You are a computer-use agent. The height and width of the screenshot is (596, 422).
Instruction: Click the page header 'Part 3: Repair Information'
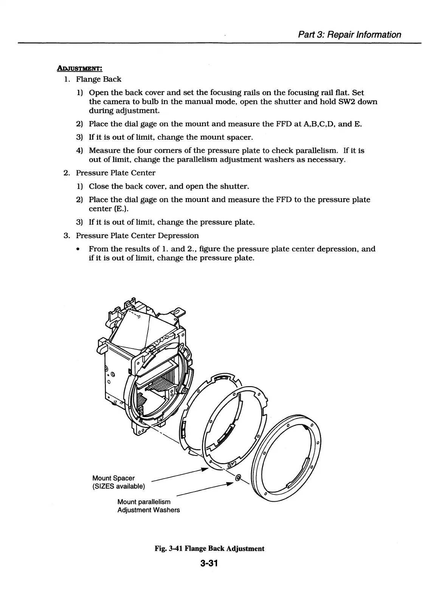pyautogui.click(x=349, y=35)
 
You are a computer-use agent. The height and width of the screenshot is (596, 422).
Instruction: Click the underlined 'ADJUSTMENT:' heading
pyautogui.click(x=79, y=68)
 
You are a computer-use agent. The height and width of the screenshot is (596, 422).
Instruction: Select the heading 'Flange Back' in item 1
pyautogui.click(x=99, y=79)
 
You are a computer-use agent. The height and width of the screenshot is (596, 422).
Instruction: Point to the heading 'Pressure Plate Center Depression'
pyautogui.click(x=137, y=236)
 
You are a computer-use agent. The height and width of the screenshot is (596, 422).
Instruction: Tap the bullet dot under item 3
pyautogui.click(x=78, y=249)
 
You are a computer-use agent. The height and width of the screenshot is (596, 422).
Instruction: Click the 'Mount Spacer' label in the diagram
pyautogui.click(x=113, y=478)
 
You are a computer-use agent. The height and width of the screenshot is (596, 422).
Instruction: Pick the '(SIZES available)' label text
pyautogui.click(x=118, y=486)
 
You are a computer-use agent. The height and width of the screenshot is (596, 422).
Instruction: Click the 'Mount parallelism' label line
pyautogui.click(x=144, y=502)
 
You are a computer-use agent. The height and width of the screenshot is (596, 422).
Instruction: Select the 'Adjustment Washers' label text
pyautogui.click(x=149, y=510)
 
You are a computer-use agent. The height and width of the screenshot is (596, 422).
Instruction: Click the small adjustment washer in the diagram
pyautogui.click(x=238, y=478)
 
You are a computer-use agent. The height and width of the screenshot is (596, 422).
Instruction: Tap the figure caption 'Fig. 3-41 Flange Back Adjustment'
pyautogui.click(x=209, y=548)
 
